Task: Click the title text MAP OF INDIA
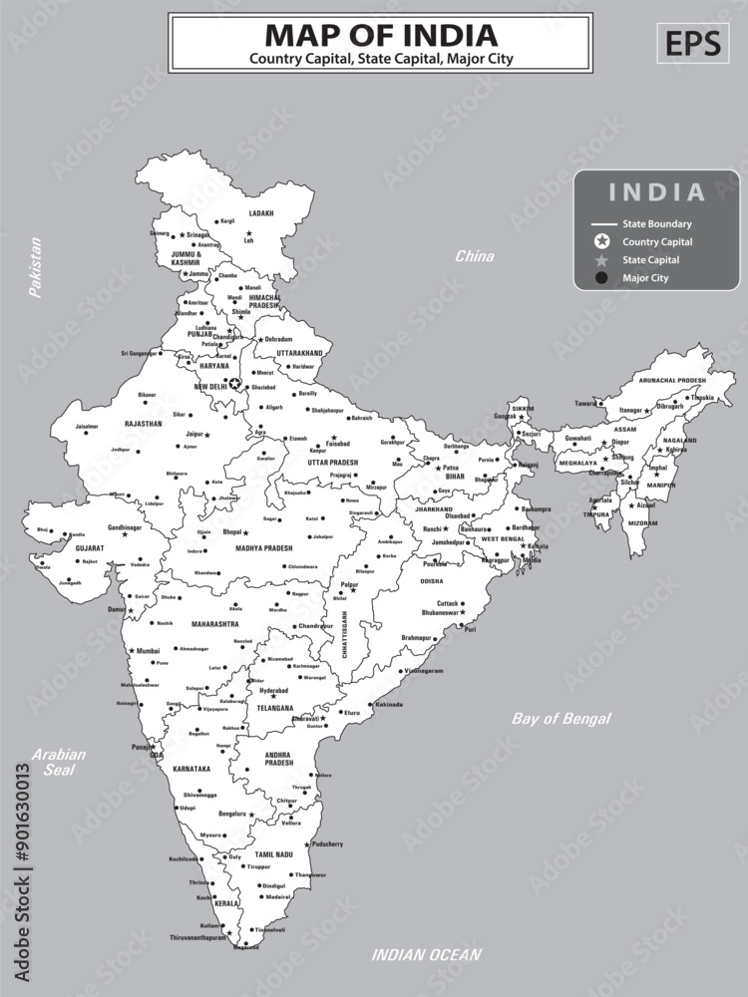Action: pyautogui.click(x=380, y=35)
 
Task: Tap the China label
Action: pyautogui.click(x=474, y=256)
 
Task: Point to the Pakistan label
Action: pyautogui.click(x=36, y=267)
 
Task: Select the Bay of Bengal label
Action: pyautogui.click(x=561, y=718)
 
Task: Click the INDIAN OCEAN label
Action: pyautogui.click(x=426, y=955)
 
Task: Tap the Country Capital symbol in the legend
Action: pyautogui.click(x=601, y=241)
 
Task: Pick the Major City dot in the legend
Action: pyautogui.click(x=601, y=278)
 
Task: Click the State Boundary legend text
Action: pyautogui.click(x=656, y=224)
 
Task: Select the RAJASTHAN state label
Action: pyautogui.click(x=143, y=423)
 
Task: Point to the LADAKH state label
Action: pyautogui.click(x=261, y=213)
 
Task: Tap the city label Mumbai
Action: pyautogui.click(x=148, y=650)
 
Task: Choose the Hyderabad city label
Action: pyautogui.click(x=273, y=689)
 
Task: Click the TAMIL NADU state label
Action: pyautogui.click(x=271, y=854)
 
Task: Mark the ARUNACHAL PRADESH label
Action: pyautogui.click(x=672, y=380)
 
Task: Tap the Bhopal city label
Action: pyautogui.click(x=232, y=531)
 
